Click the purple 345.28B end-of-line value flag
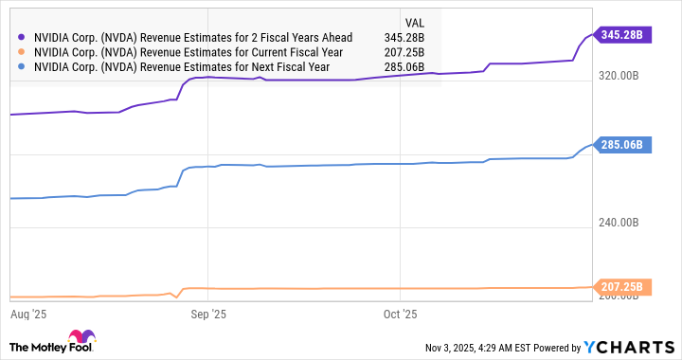point(623,35)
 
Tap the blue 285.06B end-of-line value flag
point(623,145)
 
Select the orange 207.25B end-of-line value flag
point(623,286)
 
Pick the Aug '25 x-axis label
point(28,312)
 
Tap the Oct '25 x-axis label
point(401,312)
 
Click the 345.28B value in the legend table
point(403,36)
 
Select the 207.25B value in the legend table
point(403,52)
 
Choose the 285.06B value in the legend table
point(403,68)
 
